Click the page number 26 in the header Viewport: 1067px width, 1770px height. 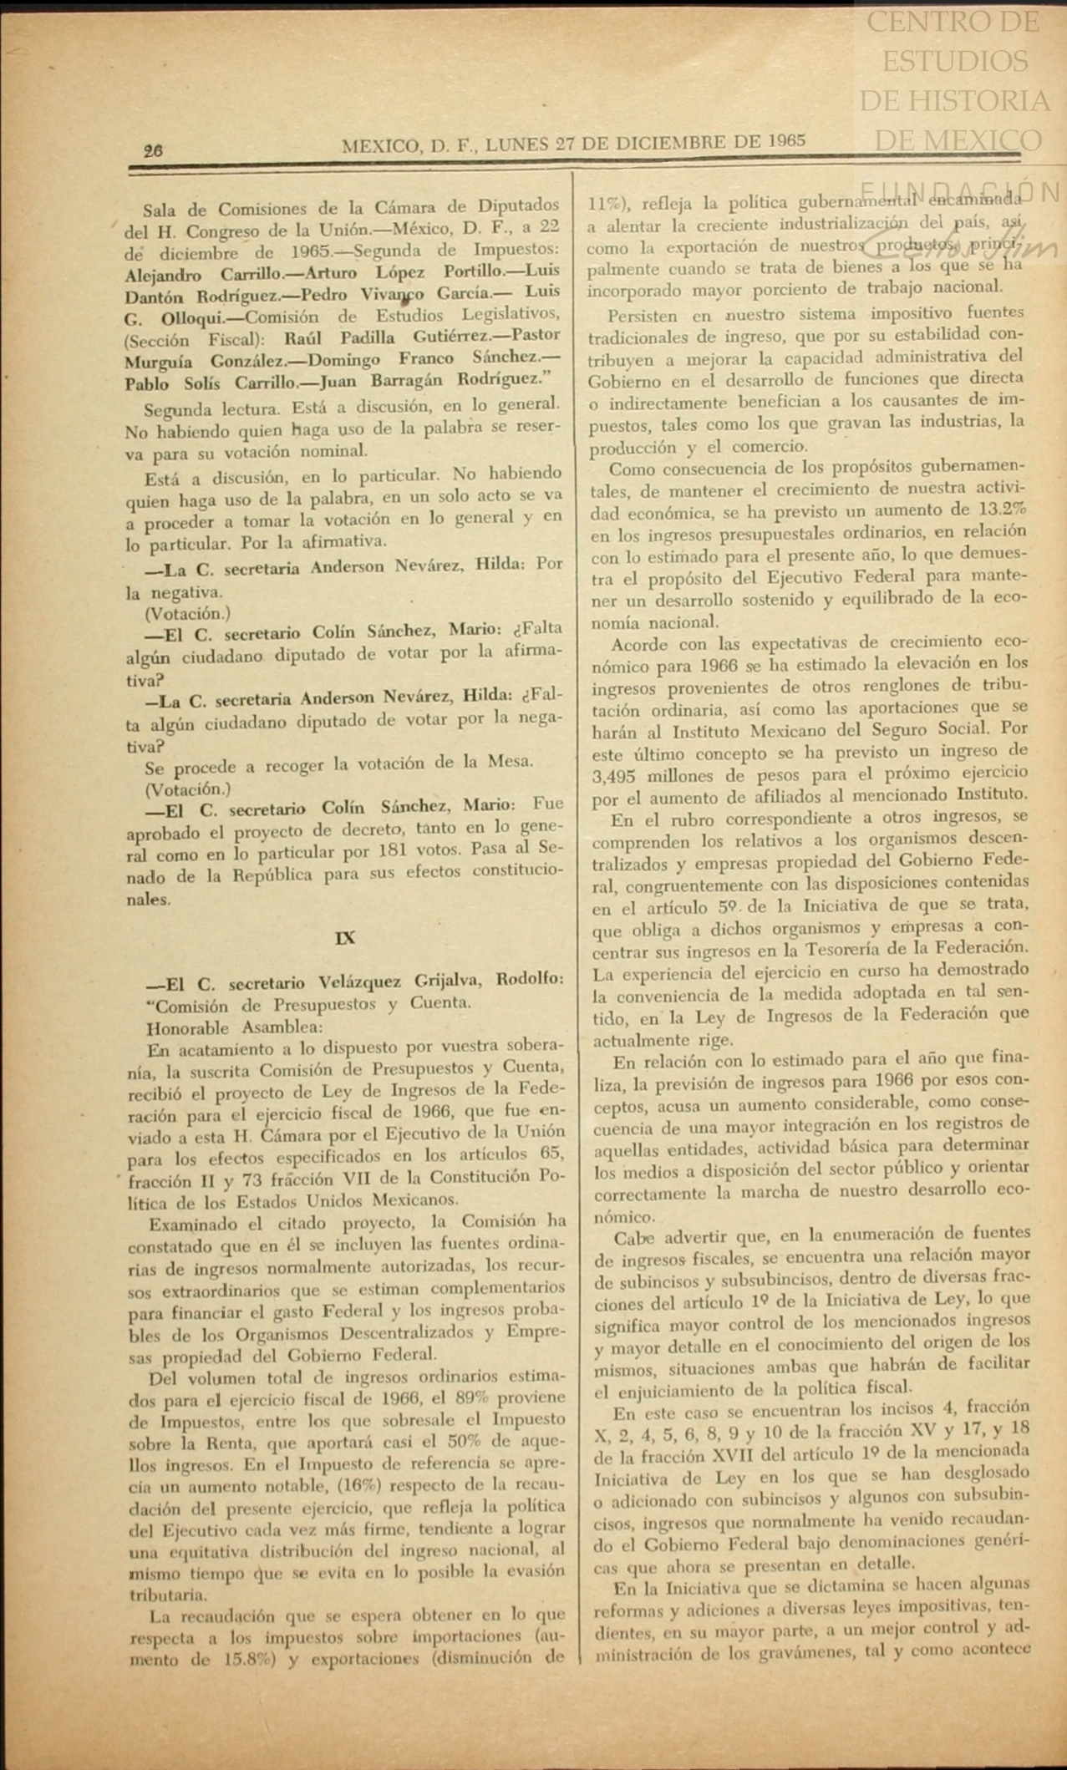pos(153,150)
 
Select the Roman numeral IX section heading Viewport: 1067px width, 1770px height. pos(345,938)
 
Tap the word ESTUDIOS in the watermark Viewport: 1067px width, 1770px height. pos(955,61)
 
